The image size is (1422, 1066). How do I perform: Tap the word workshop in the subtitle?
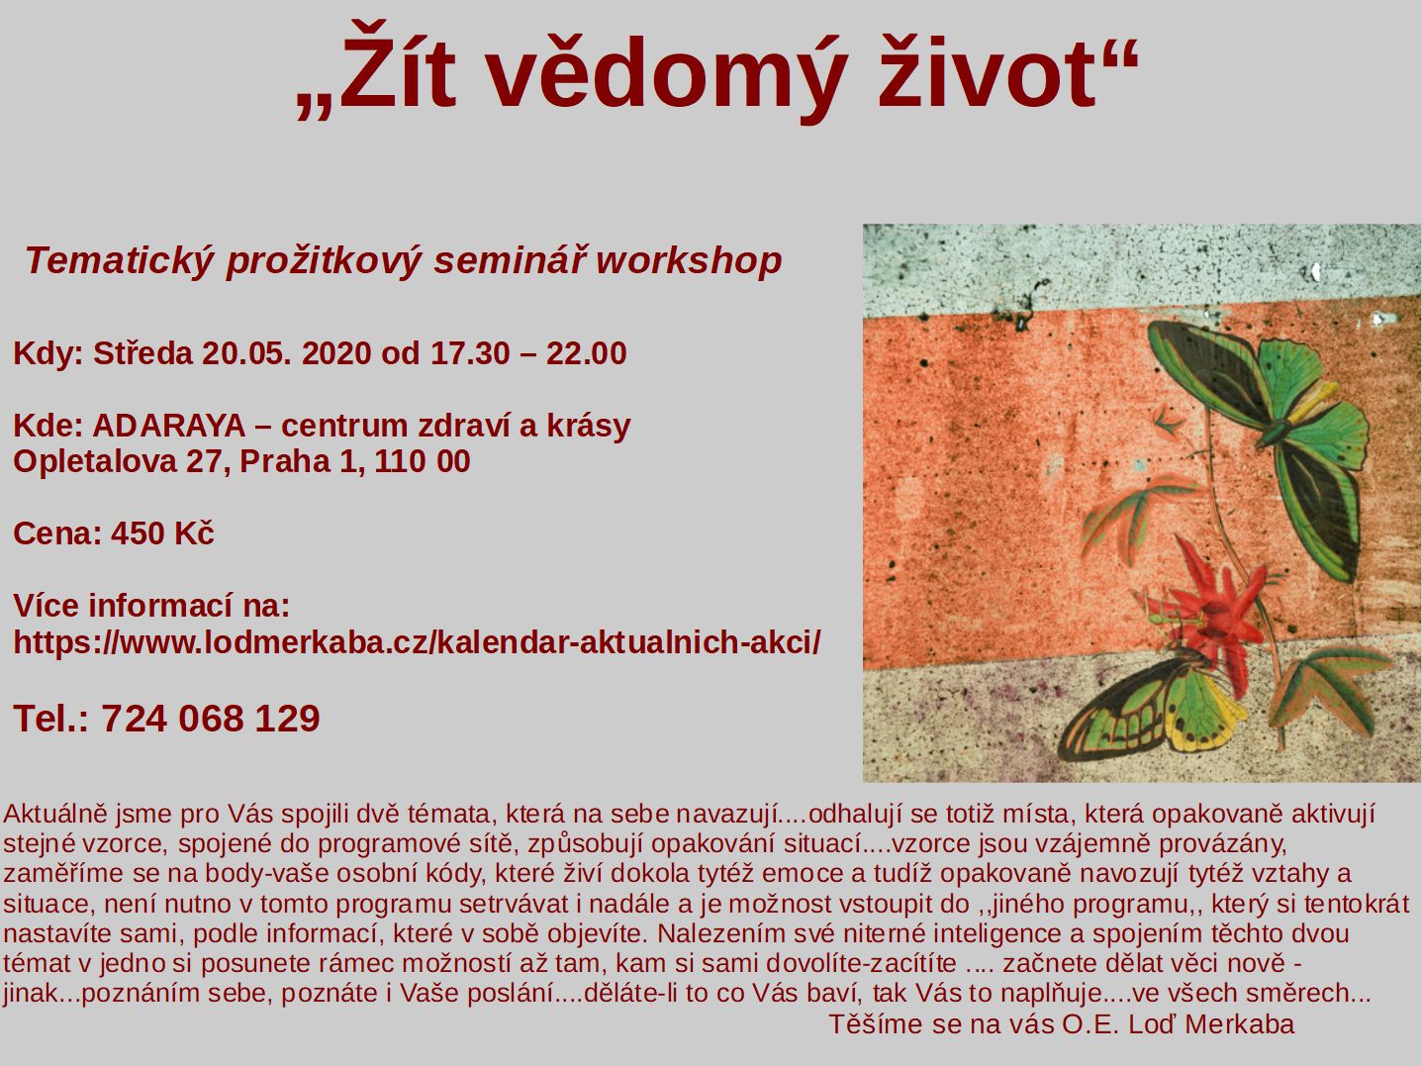[x=689, y=261]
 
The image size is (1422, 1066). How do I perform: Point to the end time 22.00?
[x=586, y=353]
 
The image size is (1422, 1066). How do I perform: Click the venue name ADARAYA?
[x=169, y=427]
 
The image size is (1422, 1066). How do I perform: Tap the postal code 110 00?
[x=422, y=462]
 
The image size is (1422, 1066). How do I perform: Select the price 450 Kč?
[x=162, y=533]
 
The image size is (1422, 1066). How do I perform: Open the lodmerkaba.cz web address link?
[x=417, y=642]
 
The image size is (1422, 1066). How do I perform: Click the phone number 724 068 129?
[x=211, y=718]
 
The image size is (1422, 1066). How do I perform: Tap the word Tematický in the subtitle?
[x=119, y=261]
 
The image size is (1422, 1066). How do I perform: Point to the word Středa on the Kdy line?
[x=142, y=353]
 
